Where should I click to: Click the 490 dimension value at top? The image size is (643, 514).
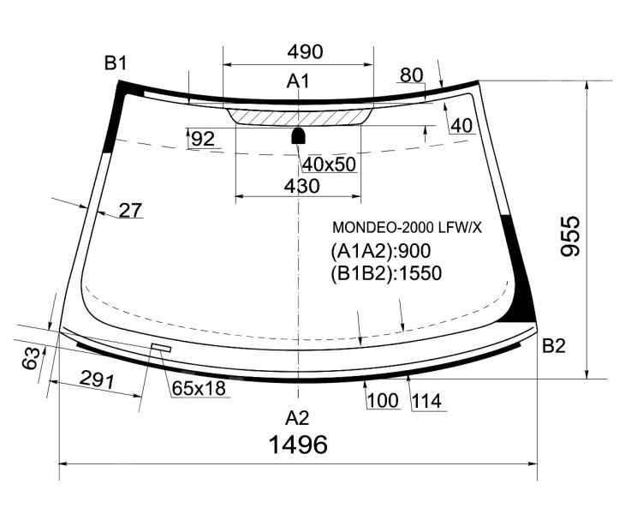305,51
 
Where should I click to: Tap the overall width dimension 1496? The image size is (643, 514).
298,445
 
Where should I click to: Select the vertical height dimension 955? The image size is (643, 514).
570,236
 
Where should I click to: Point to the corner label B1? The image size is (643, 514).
116,63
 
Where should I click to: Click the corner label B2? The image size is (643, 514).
554,346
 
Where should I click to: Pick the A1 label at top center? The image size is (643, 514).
298,81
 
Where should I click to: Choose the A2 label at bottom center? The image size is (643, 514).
297,418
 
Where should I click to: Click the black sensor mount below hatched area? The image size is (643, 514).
298,135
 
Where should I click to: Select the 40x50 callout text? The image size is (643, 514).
329,164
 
